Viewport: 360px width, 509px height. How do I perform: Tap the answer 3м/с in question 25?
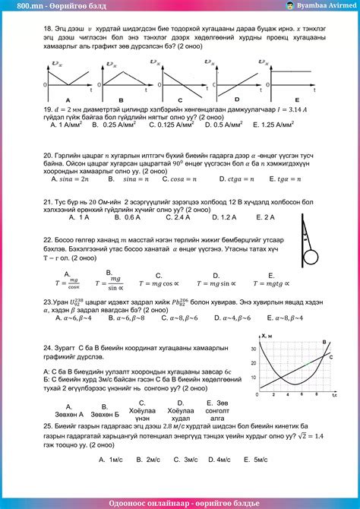pos(182,460)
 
